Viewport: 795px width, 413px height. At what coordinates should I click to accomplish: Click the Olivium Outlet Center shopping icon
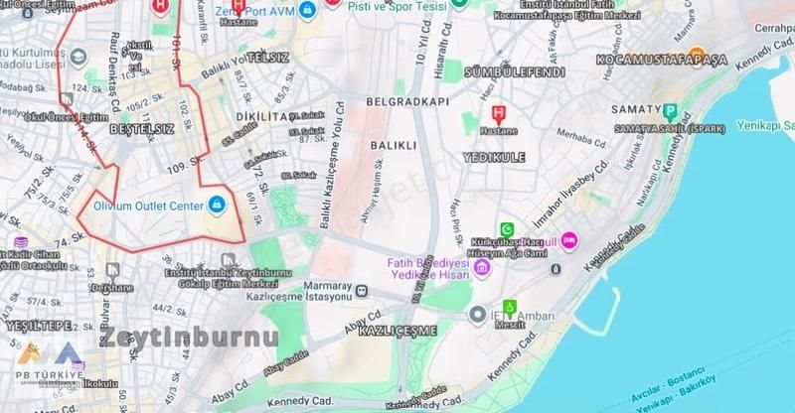[x=216, y=206]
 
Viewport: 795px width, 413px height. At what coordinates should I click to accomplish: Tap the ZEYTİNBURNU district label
[x=188, y=337]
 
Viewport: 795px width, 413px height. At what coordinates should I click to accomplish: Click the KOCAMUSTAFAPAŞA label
[x=661, y=61]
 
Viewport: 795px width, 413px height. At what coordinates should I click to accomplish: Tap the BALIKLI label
[x=391, y=145]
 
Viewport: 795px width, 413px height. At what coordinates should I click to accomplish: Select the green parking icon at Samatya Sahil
[x=670, y=112]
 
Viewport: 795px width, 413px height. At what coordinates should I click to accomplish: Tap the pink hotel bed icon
[x=568, y=240]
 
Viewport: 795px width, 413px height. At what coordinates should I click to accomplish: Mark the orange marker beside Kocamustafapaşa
[x=698, y=55]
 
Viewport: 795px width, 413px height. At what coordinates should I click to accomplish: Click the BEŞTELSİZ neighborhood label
[x=141, y=130]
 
